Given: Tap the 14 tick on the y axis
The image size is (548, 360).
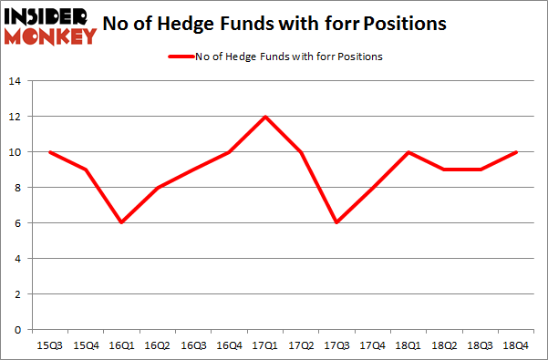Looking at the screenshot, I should pos(15,81).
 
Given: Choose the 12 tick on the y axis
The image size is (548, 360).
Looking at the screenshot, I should pos(15,117).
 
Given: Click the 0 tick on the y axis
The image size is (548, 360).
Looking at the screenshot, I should pos(18,330).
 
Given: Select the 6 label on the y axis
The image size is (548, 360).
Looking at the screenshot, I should pos(18,223).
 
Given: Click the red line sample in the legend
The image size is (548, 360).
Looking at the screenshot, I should pos(180,57).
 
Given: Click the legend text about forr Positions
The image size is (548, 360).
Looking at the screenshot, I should pos(288,57).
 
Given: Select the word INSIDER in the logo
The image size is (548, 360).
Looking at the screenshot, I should pos(48,16).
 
